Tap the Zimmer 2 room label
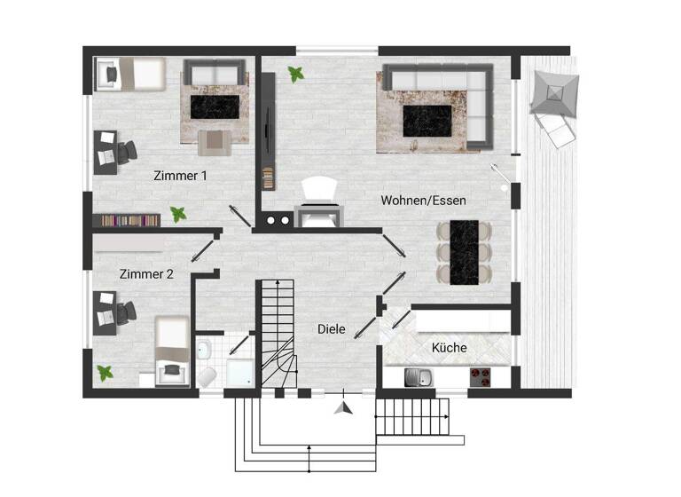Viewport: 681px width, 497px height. tap(146, 274)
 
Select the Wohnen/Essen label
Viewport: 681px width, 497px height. tap(423, 201)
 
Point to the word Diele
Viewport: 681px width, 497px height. tap(332, 328)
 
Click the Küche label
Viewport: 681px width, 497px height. tap(449, 348)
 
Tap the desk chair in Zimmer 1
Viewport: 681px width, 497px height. tap(127, 152)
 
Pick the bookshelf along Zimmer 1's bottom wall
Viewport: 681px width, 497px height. tap(127, 219)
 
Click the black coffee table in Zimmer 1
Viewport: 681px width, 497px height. tap(215, 107)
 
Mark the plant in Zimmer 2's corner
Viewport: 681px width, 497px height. tap(106, 373)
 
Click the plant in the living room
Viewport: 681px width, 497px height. tap(296, 75)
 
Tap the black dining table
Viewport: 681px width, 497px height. tap(464, 251)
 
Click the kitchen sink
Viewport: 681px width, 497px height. tap(416, 377)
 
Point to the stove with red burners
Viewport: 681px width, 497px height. tap(480, 376)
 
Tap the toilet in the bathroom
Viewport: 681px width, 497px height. tap(207, 377)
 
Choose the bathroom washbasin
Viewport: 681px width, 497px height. tap(203, 348)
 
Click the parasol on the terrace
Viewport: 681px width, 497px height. tap(554, 92)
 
